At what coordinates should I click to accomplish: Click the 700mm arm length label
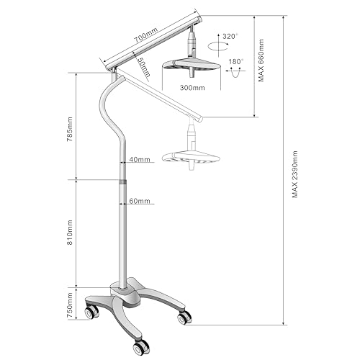click(x=145, y=35)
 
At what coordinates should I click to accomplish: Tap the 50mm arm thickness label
click(x=143, y=67)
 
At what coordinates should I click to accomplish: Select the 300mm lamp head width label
click(x=192, y=88)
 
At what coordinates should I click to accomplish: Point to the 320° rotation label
click(x=230, y=37)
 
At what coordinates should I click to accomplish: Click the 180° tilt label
click(x=236, y=62)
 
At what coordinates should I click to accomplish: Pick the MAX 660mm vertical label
click(x=261, y=60)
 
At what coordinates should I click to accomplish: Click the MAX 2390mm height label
click(x=295, y=174)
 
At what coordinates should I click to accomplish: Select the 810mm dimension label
click(x=70, y=233)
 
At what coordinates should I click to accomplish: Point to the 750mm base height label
click(x=70, y=305)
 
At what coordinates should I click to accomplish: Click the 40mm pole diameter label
click(x=140, y=159)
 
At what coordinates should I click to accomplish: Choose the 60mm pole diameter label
click(x=140, y=201)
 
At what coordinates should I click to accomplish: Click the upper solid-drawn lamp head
click(x=192, y=66)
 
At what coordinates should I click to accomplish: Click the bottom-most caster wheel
click(x=140, y=347)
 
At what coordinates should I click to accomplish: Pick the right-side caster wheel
click(x=184, y=318)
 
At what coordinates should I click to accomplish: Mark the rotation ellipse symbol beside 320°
click(x=218, y=46)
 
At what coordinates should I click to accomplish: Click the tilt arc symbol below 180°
click(x=235, y=73)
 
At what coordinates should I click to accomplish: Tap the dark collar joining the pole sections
click(x=122, y=181)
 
